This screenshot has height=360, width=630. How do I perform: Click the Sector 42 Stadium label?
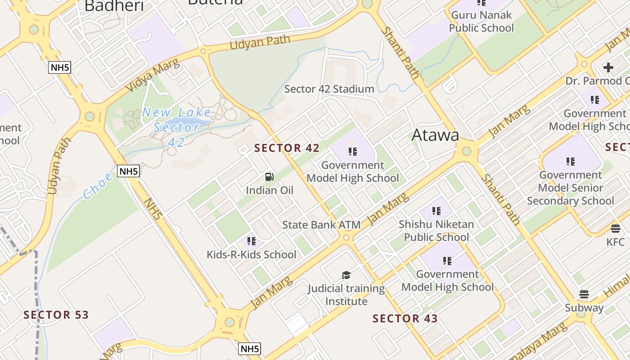pyautogui.click(x=329, y=89)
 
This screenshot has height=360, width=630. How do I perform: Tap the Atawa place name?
pyautogui.click(x=435, y=135)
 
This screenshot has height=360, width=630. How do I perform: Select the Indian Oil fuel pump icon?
pyautogui.click(x=269, y=177)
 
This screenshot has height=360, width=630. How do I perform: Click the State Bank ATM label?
pyautogui.click(x=321, y=225)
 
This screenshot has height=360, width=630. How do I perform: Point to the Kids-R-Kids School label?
pyautogui.click(x=251, y=255)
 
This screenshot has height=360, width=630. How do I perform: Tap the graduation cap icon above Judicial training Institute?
pyautogui.click(x=346, y=275)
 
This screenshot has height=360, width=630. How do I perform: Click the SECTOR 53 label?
pyautogui.click(x=56, y=315)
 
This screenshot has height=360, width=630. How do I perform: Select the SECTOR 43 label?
pyautogui.click(x=405, y=319)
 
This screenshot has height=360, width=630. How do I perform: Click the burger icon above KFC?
pyautogui.click(x=615, y=228)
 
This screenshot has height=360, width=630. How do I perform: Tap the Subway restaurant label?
pyautogui.click(x=584, y=308)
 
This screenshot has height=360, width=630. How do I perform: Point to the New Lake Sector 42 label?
pyautogui.click(x=176, y=127)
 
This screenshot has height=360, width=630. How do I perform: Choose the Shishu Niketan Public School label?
pyautogui.click(x=436, y=230)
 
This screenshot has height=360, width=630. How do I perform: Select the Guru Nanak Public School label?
pyautogui.click(x=481, y=21)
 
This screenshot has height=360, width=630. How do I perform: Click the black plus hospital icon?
pyautogui.click(x=608, y=67)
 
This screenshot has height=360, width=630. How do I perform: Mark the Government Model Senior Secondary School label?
pyautogui.click(x=570, y=188)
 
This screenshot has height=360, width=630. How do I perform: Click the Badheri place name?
pyautogui.click(x=114, y=6)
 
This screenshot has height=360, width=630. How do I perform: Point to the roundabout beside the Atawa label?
pyautogui.click(x=466, y=151)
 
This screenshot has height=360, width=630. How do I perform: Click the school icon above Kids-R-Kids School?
pyautogui.click(x=251, y=241)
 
